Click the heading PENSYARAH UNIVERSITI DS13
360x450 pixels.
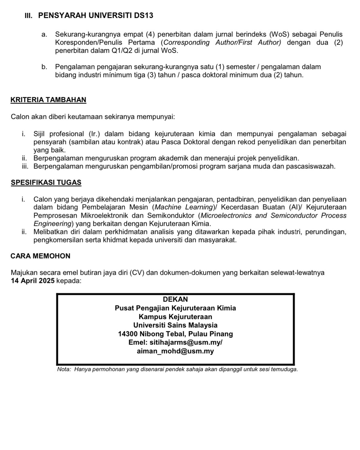tap(96, 16)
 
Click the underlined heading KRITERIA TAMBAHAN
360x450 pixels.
tap(48, 100)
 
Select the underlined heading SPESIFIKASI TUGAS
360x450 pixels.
tap(46, 183)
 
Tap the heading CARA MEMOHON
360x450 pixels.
tap(40, 256)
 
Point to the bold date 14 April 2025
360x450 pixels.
tap(33, 281)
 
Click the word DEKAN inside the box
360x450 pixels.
tap(175, 299)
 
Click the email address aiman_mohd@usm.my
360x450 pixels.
tap(175, 351)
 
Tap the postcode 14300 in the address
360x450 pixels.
tap(128, 334)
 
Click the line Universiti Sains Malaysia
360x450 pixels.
tap(175, 325)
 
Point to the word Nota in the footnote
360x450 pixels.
tap(64, 369)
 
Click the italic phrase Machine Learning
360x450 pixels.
tap(184, 207)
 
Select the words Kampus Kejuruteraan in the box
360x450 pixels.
tap(175, 317)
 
